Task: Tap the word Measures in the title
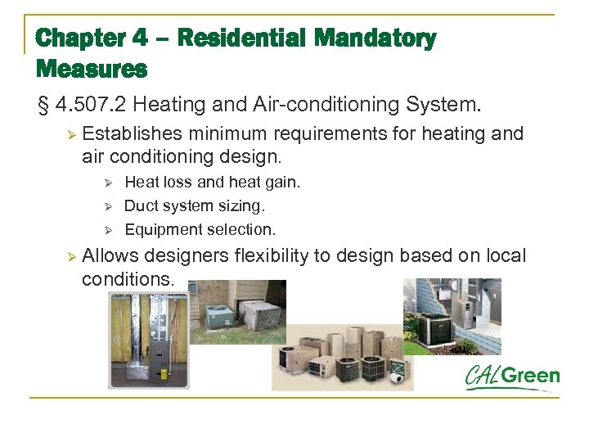pyautogui.click(x=91, y=69)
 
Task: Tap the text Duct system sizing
pyautogui.click(x=195, y=205)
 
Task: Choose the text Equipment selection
pyautogui.click(x=200, y=229)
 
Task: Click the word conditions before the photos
pyautogui.click(x=128, y=279)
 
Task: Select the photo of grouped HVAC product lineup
pyautogui.click(x=343, y=357)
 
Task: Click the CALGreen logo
pyautogui.click(x=513, y=377)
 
